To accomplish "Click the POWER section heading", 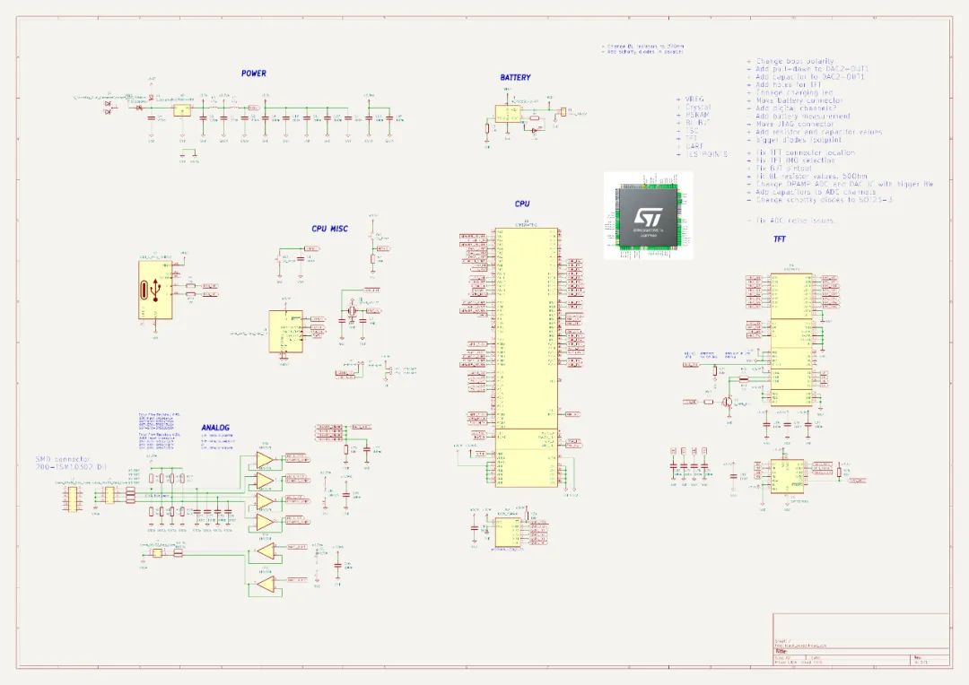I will click(x=253, y=74).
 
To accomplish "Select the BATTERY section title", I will click(x=515, y=78).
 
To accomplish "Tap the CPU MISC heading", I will click(x=329, y=229).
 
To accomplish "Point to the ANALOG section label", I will click(x=215, y=428).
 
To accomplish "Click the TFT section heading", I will click(x=780, y=239).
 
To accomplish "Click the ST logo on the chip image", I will click(x=646, y=217).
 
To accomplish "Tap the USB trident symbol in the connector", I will click(x=156, y=290).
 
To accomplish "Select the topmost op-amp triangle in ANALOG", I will click(x=265, y=459).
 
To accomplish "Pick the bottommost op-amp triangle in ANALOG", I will click(x=266, y=585).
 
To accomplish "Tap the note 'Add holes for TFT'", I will click(x=789, y=84).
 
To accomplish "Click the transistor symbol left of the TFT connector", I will click(x=729, y=402).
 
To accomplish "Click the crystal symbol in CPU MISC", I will click(x=352, y=311).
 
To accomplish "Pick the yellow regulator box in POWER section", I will click(x=181, y=110).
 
